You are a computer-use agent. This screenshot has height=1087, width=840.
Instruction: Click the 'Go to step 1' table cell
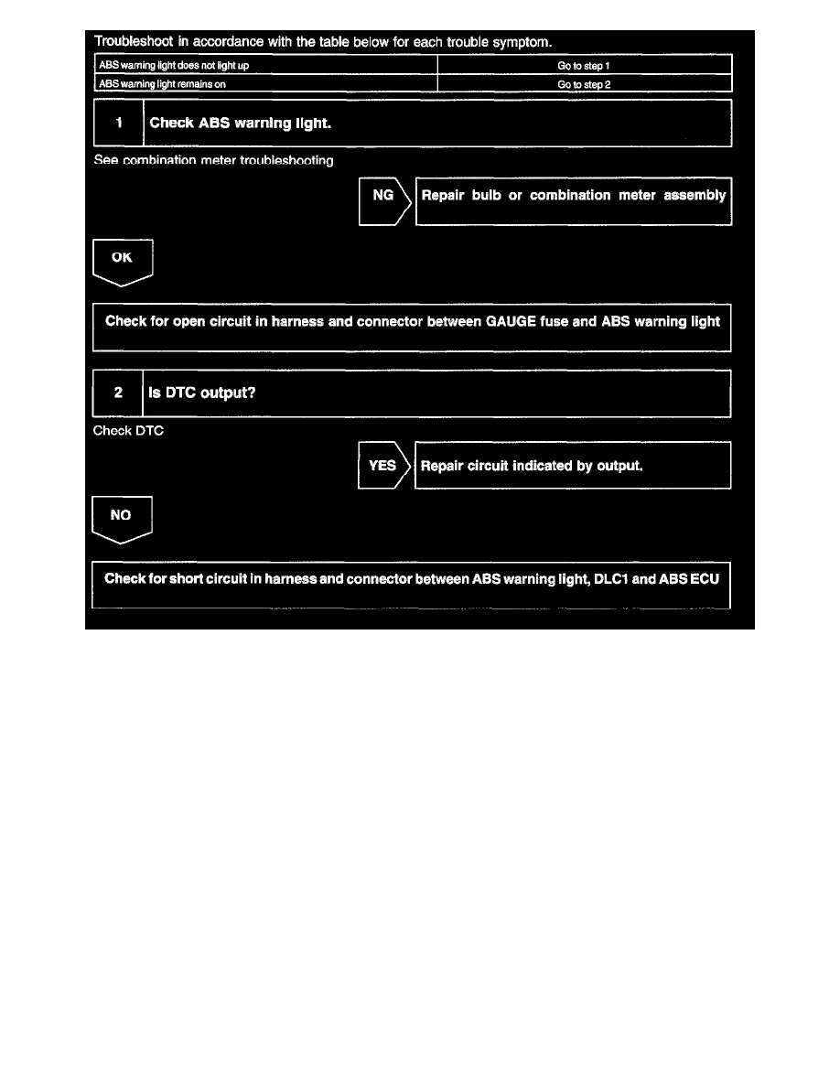click(584, 66)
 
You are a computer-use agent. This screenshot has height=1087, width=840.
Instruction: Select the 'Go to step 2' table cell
click(584, 83)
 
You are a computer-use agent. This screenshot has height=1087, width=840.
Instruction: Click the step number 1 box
click(119, 123)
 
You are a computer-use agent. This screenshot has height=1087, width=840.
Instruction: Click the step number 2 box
click(118, 393)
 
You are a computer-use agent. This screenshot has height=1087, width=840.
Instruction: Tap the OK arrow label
click(123, 258)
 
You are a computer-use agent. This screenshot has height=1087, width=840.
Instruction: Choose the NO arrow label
click(122, 516)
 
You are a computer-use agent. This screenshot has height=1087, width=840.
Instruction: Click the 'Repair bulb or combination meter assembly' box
click(574, 196)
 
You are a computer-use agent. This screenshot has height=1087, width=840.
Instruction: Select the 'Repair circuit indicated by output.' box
click(573, 465)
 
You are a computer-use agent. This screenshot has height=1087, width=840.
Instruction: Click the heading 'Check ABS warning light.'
click(240, 124)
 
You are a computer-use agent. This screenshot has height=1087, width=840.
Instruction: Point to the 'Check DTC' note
click(128, 431)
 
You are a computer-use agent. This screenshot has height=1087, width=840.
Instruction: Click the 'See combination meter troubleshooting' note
click(213, 161)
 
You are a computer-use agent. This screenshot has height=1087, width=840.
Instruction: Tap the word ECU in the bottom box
click(706, 578)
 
